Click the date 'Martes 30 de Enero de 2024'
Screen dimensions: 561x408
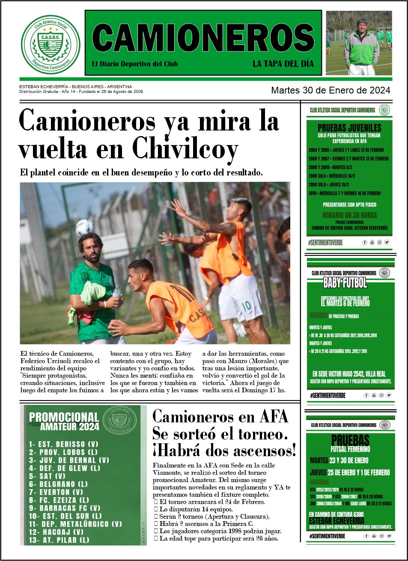tap(331, 90)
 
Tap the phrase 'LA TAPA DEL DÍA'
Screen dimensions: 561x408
tap(283, 64)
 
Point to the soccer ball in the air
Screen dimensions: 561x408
tap(85, 227)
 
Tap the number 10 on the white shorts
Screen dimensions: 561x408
tap(246, 306)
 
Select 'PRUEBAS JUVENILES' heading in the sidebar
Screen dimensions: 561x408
tap(349, 128)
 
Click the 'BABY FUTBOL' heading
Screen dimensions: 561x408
tap(345, 283)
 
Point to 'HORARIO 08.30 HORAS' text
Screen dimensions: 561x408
tap(349, 215)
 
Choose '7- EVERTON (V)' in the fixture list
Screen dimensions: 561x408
tap(56, 492)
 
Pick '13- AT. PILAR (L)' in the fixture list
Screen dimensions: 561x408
tap(59, 540)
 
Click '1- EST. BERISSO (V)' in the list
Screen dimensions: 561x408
tap(63, 444)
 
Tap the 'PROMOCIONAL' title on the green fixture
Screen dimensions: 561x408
tap(64, 417)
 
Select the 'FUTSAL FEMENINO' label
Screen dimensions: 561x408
tap(350, 449)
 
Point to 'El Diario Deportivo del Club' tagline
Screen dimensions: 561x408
tap(135, 64)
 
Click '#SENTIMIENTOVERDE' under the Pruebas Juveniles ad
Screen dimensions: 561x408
tap(325, 243)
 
